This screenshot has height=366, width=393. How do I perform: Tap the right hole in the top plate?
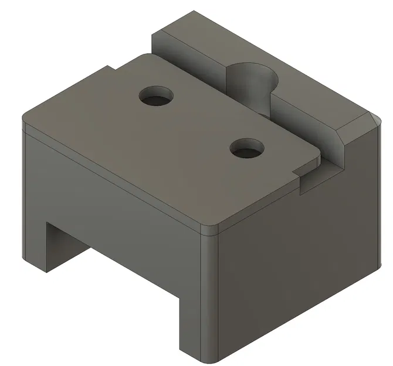tap(246, 149)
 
